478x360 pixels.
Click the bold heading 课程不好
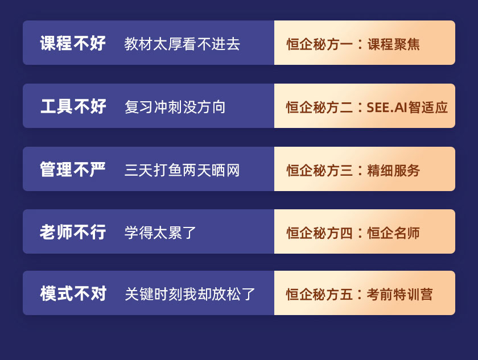[x=73, y=43]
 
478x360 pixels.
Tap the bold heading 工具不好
[x=73, y=106]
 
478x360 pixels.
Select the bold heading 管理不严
[x=73, y=169]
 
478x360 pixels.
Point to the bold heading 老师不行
[x=73, y=232]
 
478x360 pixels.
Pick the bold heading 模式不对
[x=73, y=293]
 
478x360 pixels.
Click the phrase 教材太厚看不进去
[x=182, y=44]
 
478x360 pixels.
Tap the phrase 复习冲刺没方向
[x=175, y=107]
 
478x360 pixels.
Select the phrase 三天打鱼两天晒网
[x=182, y=170]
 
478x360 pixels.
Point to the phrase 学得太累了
[x=160, y=233]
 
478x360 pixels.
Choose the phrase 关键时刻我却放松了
[x=189, y=294]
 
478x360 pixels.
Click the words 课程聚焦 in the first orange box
[x=394, y=44]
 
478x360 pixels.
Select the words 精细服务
[x=394, y=171]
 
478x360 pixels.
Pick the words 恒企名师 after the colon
[x=394, y=233]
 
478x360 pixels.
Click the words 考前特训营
[x=399, y=295]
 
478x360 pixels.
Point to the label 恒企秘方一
[x=319, y=44]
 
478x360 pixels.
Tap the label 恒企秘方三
[x=319, y=171]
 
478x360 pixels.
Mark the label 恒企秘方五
[x=319, y=295]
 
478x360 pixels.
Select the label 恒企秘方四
[x=319, y=233]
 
